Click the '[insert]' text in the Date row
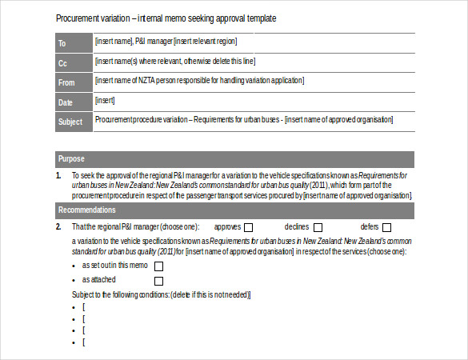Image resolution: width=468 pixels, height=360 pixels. coord(106,101)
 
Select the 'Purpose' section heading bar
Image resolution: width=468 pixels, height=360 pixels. coord(234,158)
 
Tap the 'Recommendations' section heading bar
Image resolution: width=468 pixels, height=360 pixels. coord(234,210)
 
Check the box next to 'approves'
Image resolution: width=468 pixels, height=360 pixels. coord(249,227)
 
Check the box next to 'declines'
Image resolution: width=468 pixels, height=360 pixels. coord(318,227)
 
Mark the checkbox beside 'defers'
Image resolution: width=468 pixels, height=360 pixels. coord(386,227)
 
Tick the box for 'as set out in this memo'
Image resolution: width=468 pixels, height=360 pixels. coord(158,266)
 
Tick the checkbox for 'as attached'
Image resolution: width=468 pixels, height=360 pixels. coord(158,281)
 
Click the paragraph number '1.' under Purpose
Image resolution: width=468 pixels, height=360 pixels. coord(58,175)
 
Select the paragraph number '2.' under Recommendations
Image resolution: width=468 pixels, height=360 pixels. coord(58,227)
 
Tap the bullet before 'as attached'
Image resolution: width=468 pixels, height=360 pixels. coord(74,280)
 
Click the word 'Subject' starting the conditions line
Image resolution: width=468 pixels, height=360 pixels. coord(84,295)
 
